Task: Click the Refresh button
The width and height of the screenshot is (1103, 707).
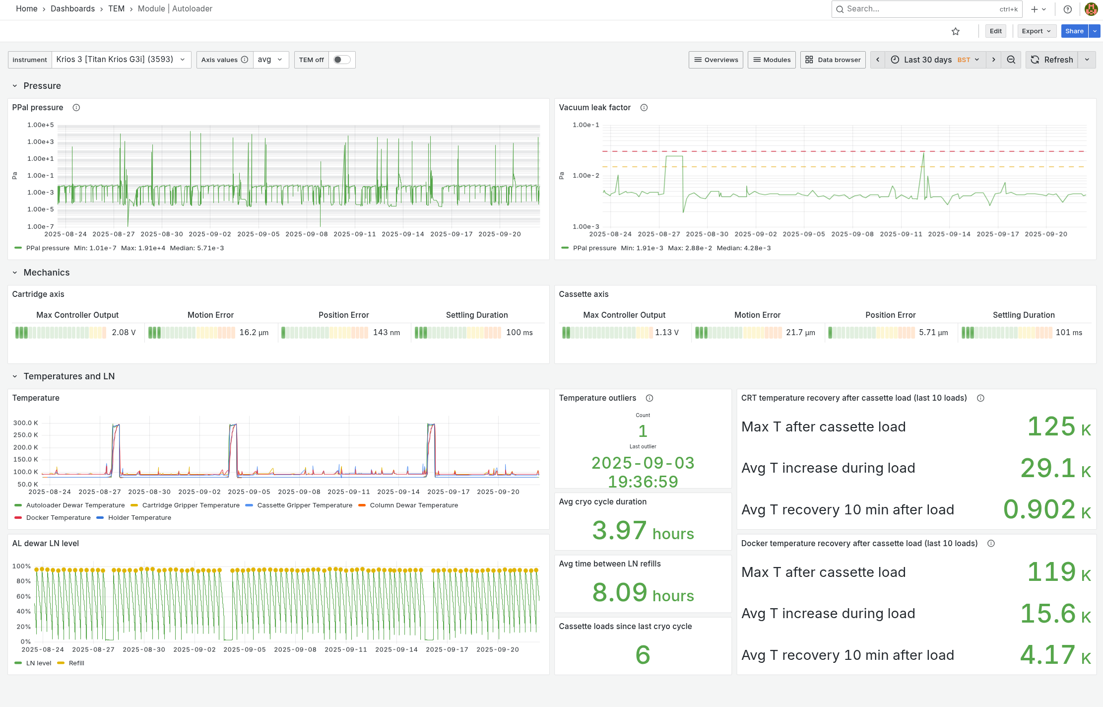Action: (x=1051, y=60)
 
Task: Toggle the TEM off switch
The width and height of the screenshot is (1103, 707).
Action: (x=342, y=60)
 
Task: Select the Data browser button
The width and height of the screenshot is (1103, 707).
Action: (x=833, y=60)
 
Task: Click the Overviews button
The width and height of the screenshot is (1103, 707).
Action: (x=716, y=60)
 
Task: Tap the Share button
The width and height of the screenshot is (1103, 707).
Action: (x=1074, y=31)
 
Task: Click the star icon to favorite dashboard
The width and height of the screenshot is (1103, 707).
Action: (x=956, y=31)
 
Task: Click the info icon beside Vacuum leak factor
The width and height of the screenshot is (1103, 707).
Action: (x=644, y=108)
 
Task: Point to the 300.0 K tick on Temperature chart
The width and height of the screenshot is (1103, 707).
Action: (x=26, y=423)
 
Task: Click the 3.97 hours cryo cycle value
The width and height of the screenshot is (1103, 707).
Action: (x=643, y=531)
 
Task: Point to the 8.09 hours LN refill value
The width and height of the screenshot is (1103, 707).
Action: (x=643, y=593)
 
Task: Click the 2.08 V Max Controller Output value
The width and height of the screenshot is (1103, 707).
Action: (x=124, y=333)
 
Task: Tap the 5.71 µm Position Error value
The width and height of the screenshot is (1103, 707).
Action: (x=933, y=333)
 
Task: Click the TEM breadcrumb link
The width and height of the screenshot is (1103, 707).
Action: (x=116, y=9)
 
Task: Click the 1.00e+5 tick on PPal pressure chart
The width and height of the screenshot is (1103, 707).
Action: (x=41, y=125)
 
